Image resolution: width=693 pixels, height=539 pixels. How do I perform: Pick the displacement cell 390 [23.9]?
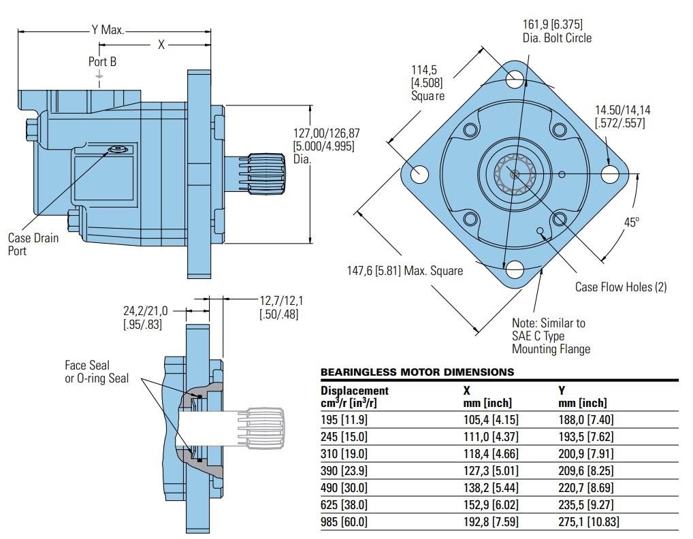[x=344, y=470]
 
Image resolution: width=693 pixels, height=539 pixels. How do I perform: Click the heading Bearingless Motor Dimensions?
[x=417, y=372]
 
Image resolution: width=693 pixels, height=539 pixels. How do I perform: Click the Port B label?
[x=102, y=61]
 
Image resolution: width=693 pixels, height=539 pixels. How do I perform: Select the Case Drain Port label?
[x=33, y=244]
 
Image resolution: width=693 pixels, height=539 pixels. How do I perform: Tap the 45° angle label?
[x=632, y=223]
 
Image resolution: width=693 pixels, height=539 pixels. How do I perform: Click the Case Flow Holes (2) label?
[x=621, y=287]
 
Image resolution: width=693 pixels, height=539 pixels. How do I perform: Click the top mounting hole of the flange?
[x=515, y=78]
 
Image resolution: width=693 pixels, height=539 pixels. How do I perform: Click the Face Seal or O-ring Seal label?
[x=96, y=372]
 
